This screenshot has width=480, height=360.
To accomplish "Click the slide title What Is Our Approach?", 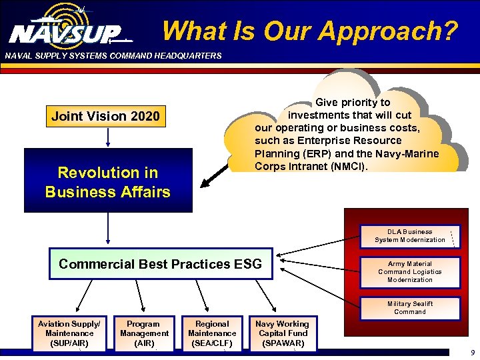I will (310, 31).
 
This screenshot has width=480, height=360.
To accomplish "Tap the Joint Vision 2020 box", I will (106, 116).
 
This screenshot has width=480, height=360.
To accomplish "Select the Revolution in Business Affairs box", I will (108, 181).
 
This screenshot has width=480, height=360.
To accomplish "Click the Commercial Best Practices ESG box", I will (161, 264).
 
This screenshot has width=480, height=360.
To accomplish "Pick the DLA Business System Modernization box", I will (410, 236).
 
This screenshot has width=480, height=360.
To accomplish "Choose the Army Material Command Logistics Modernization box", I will (410, 272).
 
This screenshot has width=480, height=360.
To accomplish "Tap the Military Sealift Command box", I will (410, 307).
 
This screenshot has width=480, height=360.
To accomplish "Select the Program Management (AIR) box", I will (144, 333).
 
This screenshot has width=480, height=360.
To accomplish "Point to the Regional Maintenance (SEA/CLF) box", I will (212, 333).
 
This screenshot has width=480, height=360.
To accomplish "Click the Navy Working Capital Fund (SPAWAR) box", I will (282, 333).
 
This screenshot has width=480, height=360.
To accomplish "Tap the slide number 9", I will (472, 353).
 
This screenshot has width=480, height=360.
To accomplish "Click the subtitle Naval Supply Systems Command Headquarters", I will (113, 56).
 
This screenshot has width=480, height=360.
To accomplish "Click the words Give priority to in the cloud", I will (353, 103).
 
